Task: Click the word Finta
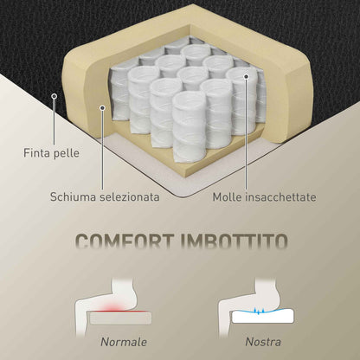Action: pos(36,152)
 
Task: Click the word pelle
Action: pos(66,153)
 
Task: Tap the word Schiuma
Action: pos(74,196)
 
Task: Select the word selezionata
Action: pos(130,196)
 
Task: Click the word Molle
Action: pos(227,197)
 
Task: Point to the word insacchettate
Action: pos(280,197)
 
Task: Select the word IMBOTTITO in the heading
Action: pos(235,241)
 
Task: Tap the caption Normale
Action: pos(124,342)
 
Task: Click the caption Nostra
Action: pos(263,342)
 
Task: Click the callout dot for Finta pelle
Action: pos(54,96)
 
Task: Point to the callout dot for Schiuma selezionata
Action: pos(102,107)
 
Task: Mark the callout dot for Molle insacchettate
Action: pos(246,76)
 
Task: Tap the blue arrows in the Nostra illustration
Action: pos(258,311)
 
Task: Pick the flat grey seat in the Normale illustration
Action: pos(120,318)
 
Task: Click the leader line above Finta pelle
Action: pos(54,121)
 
